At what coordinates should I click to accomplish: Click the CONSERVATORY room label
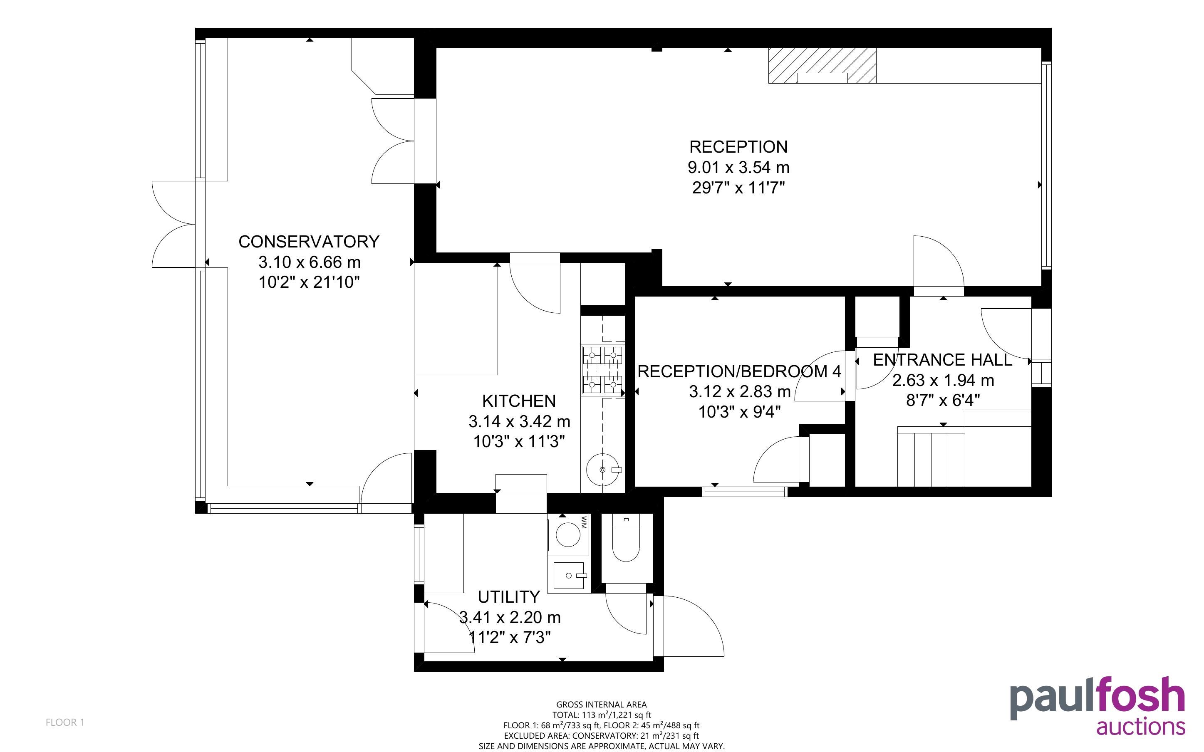click(309, 242)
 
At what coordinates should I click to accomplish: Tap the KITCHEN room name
click(519, 401)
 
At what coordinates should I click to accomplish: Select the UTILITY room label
click(509, 597)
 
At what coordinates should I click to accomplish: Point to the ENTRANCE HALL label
click(942, 360)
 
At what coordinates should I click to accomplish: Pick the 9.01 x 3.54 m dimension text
click(738, 168)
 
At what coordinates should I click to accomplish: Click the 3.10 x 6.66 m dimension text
click(310, 262)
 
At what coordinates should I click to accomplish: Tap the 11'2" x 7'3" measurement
click(510, 637)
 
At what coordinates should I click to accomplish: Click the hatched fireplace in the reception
click(822, 66)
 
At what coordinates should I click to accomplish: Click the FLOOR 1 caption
click(65, 722)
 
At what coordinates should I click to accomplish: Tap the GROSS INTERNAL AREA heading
click(601, 704)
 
